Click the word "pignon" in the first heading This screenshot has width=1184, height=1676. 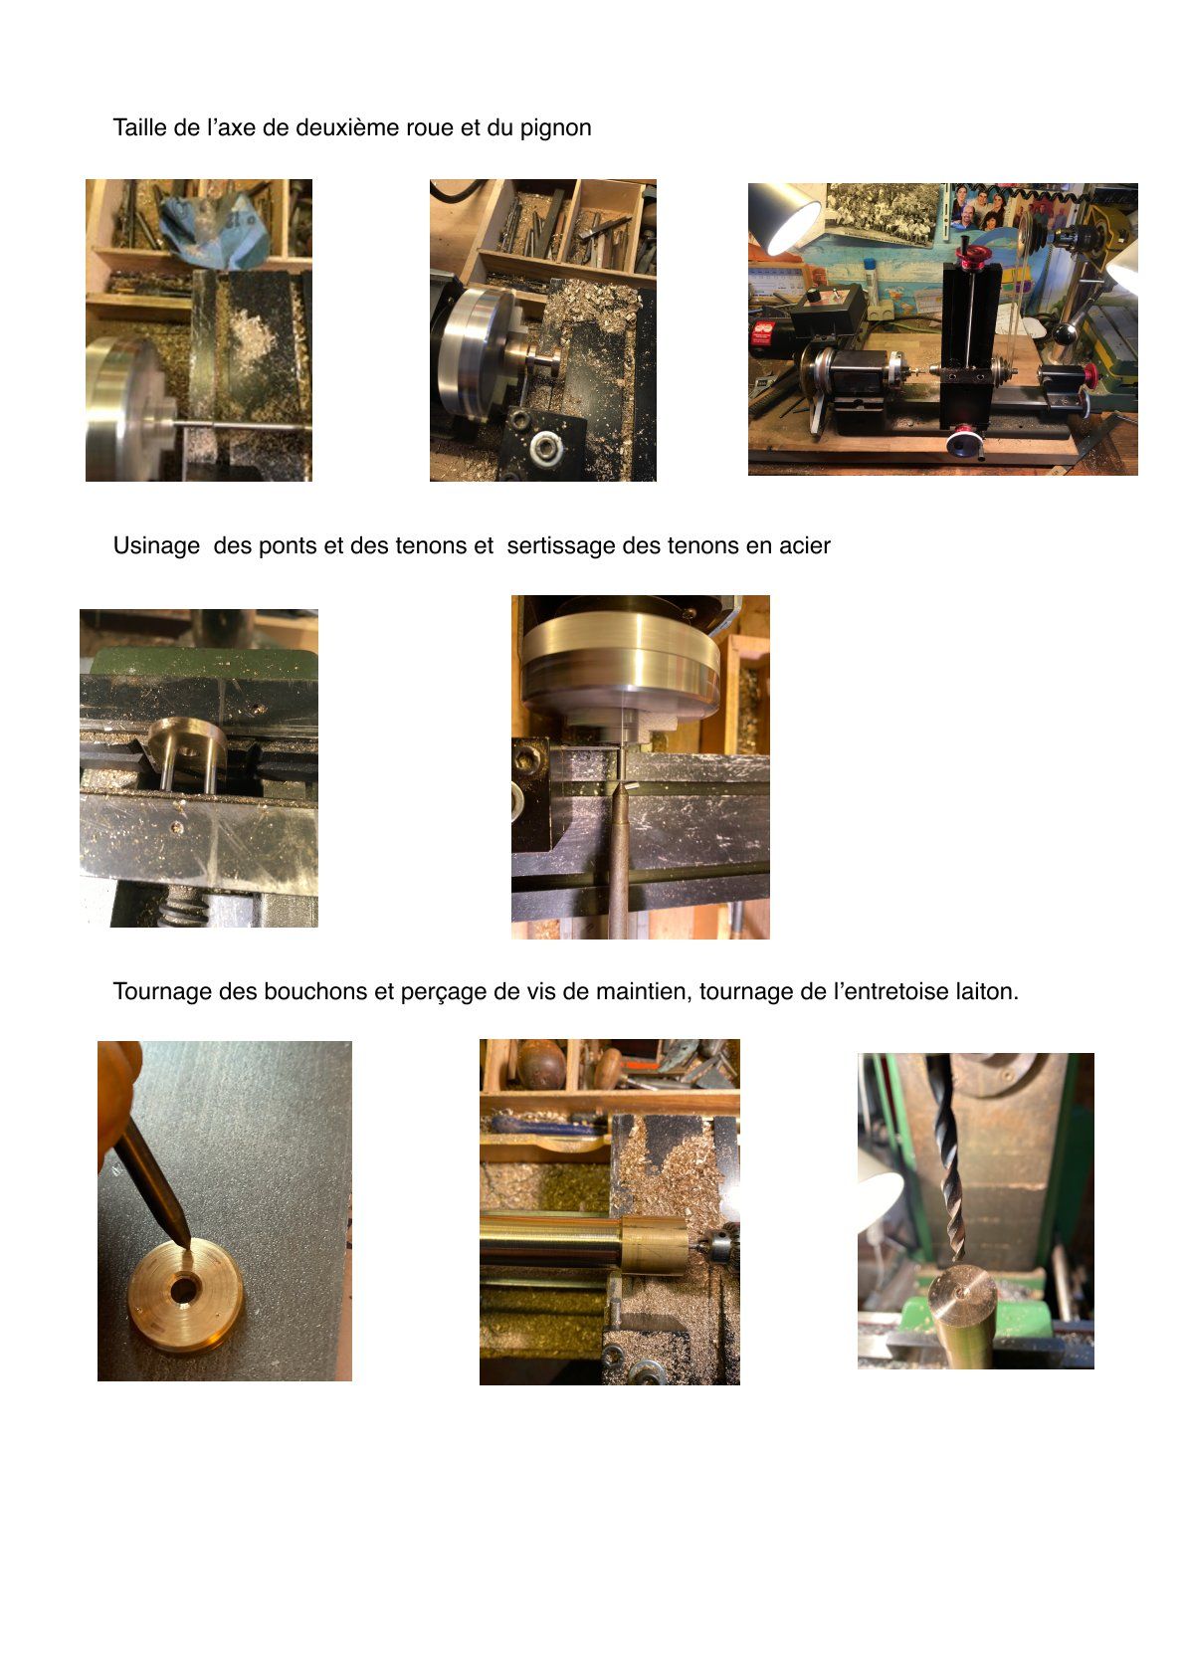click(x=555, y=128)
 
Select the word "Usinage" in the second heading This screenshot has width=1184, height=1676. click(x=156, y=547)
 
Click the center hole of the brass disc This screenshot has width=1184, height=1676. click(x=183, y=1289)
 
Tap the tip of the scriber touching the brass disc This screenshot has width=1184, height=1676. click(x=188, y=1245)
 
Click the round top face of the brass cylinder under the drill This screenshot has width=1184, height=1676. click(x=962, y=1291)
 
